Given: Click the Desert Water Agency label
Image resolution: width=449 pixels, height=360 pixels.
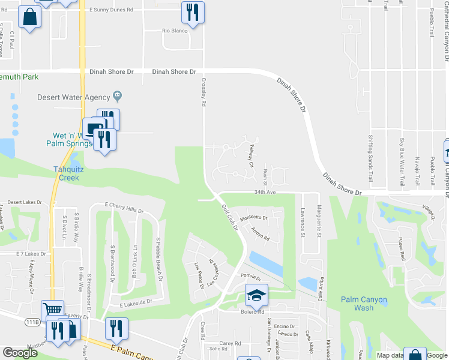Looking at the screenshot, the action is (74, 97).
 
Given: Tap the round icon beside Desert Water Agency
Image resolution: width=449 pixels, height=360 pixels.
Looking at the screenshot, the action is (118, 97).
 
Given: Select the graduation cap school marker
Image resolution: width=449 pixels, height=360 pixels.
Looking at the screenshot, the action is (256, 295).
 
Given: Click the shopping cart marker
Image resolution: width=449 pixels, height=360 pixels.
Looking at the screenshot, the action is (53, 311).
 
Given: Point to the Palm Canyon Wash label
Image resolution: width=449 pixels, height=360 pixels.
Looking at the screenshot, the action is (364, 304).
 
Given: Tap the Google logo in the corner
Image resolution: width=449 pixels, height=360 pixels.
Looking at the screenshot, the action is (20, 353).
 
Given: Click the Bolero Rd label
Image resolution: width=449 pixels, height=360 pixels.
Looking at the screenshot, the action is (253, 311).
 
